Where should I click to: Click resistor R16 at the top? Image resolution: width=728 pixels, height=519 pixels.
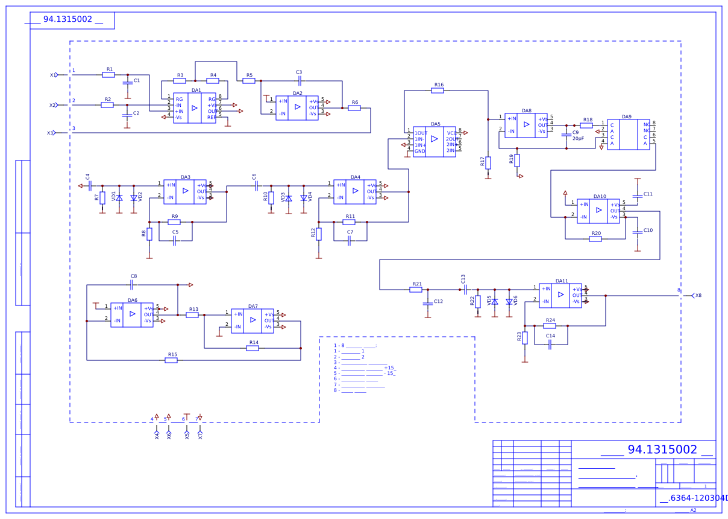(x=438, y=91)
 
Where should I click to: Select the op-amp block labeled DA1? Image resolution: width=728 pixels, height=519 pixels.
(x=194, y=108)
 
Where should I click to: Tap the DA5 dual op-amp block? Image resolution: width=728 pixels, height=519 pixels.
(x=434, y=142)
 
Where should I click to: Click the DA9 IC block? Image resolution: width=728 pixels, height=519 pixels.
(x=628, y=134)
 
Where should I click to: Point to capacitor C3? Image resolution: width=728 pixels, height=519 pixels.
(x=300, y=80)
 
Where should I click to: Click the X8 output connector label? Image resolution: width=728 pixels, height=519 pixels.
(x=698, y=296)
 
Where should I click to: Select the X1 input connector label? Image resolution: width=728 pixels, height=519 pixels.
(x=52, y=75)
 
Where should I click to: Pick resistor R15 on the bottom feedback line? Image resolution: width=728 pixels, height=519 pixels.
(x=171, y=360)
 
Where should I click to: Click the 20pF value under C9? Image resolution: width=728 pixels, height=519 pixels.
(x=578, y=139)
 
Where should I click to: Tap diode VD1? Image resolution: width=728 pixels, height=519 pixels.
(x=119, y=198)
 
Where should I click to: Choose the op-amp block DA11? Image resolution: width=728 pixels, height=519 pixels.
(x=560, y=296)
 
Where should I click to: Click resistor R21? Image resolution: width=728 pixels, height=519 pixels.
(x=416, y=290)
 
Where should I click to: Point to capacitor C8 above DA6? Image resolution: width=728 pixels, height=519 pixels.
(x=133, y=284)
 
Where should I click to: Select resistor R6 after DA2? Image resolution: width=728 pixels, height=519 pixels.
(x=354, y=108)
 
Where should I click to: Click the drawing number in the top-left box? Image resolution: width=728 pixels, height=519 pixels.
(x=67, y=19)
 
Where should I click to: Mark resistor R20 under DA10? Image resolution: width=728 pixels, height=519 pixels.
(x=595, y=239)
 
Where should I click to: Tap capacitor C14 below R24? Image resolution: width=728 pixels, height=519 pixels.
(x=550, y=345)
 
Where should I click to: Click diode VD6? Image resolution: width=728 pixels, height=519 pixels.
(x=509, y=301)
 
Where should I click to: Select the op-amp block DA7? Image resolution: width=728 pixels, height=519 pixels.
(x=253, y=321)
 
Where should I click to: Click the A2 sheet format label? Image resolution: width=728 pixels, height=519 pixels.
(x=693, y=511)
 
